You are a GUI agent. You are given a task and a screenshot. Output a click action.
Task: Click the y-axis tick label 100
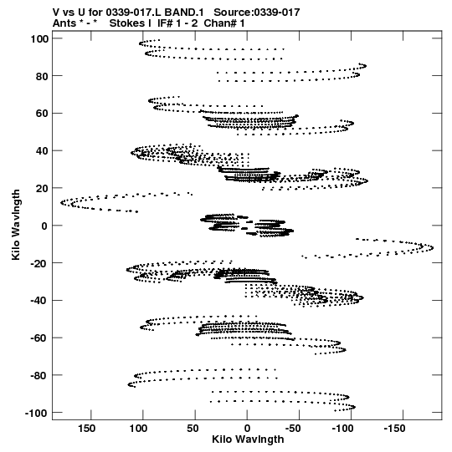[x=39, y=38]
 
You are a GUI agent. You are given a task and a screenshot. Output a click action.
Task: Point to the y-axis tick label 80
[x=42, y=76]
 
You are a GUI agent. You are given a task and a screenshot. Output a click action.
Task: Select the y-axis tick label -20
[x=39, y=263]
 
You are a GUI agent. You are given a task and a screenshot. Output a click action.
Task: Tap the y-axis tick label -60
[x=39, y=338]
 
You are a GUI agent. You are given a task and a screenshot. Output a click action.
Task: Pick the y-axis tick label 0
[x=45, y=226]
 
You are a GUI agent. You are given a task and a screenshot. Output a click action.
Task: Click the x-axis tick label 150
[x=86, y=429]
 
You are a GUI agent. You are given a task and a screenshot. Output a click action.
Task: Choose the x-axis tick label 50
[x=193, y=429]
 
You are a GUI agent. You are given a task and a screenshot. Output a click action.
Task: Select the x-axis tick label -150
[x=394, y=429]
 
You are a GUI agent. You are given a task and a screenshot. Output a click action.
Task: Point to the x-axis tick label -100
[x=342, y=429]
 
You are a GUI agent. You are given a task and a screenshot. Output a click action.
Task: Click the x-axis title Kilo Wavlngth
[x=248, y=439]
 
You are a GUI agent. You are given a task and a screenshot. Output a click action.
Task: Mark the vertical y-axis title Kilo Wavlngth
[x=16, y=225]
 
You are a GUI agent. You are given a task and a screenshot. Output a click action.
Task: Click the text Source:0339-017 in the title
[x=257, y=13]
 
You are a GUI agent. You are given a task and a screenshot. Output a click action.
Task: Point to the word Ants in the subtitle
[x=64, y=23]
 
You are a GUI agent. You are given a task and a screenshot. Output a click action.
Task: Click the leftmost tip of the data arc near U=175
[x=61, y=203]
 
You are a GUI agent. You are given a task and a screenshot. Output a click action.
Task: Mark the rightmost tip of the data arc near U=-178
[x=433, y=247]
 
